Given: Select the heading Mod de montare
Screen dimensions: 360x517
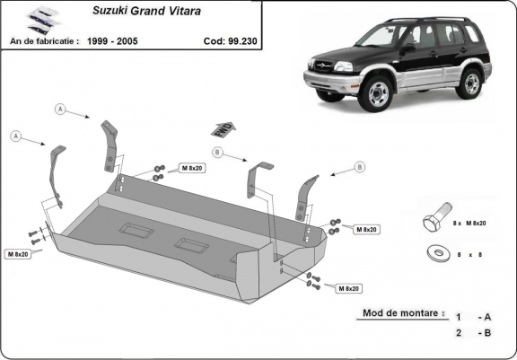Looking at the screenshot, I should (x=403, y=313).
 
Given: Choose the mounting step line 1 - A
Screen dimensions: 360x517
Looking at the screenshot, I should (x=473, y=317).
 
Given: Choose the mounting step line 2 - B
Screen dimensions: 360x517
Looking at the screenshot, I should (x=473, y=332).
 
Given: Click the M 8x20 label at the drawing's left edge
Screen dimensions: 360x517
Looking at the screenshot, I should (x=17, y=254).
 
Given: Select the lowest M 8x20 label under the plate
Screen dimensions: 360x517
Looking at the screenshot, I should (x=348, y=288).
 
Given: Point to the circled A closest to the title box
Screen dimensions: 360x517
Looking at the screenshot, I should (x=61, y=110).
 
